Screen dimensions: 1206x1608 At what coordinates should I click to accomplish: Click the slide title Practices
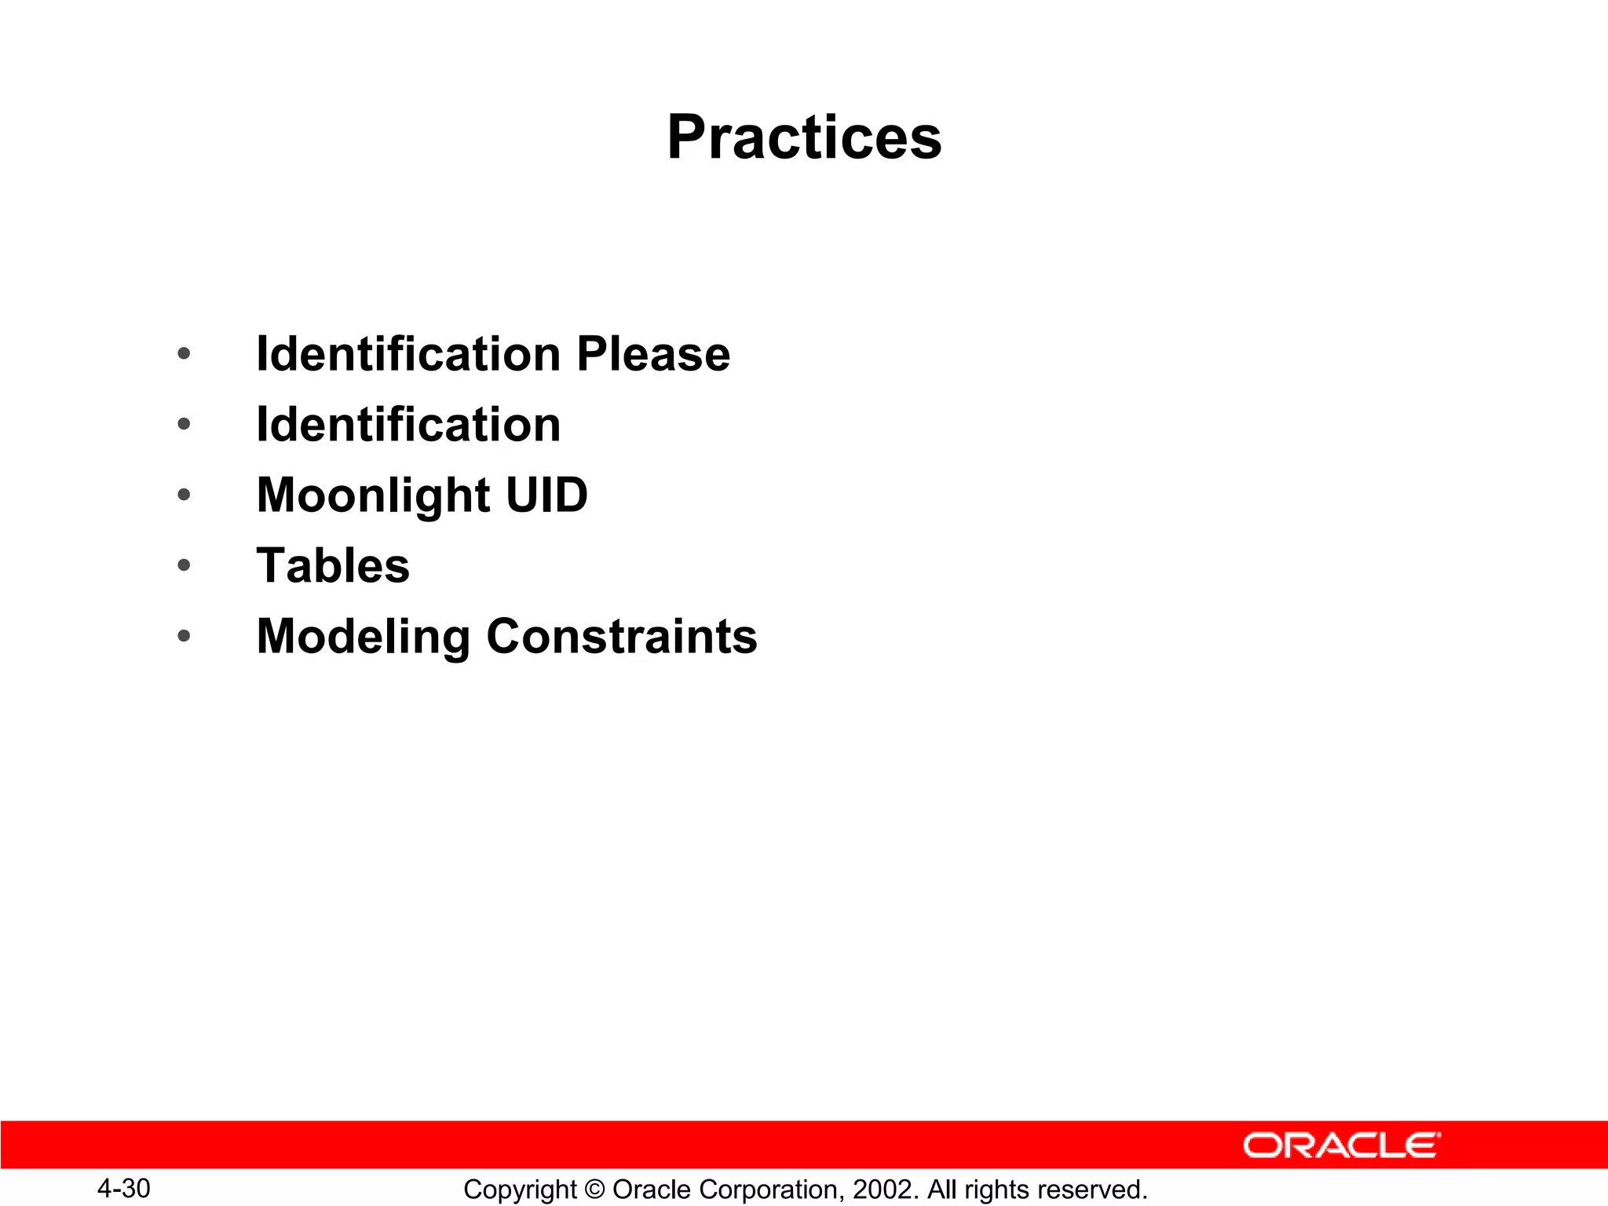pyautogui.click(x=804, y=137)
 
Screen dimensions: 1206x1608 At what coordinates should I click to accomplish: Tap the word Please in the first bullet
pyautogui.click(x=653, y=354)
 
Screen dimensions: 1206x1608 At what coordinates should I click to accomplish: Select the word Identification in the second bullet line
pyautogui.click(x=408, y=425)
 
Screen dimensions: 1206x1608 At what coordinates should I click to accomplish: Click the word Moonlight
pyautogui.click(x=374, y=496)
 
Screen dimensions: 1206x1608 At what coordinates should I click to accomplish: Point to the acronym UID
pyautogui.click(x=546, y=495)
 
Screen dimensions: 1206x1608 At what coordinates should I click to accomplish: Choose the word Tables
pyautogui.click(x=333, y=565)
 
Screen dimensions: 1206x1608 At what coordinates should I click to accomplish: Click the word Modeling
pyautogui.click(x=364, y=637)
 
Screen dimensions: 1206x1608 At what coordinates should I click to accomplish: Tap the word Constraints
pyautogui.click(x=622, y=636)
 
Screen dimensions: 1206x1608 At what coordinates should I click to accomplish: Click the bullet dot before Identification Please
pyautogui.click(x=184, y=354)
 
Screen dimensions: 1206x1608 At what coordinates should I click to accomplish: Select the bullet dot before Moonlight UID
pyautogui.click(x=184, y=495)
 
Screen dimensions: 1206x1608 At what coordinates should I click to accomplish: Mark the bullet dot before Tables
pyautogui.click(x=184, y=565)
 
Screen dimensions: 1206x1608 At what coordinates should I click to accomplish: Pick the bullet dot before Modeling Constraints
pyautogui.click(x=184, y=636)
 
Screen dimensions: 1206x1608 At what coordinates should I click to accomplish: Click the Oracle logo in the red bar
pyautogui.click(x=1342, y=1146)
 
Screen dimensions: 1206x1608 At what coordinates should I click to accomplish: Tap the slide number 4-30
pyautogui.click(x=124, y=1189)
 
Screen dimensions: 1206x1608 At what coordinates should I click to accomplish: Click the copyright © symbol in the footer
pyautogui.click(x=594, y=1190)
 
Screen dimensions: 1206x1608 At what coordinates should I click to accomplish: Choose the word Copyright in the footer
pyautogui.click(x=520, y=1190)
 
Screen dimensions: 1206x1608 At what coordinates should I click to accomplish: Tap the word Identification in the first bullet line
pyautogui.click(x=408, y=354)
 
